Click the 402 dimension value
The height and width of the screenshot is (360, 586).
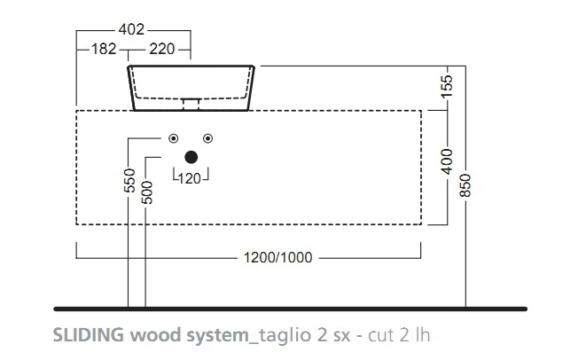coord(134,30)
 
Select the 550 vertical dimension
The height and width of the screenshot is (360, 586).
coord(129,181)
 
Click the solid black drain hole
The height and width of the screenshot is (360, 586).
coord(191,158)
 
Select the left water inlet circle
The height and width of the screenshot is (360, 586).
coord(174,137)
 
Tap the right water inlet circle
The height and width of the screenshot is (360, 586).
coord(207,137)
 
